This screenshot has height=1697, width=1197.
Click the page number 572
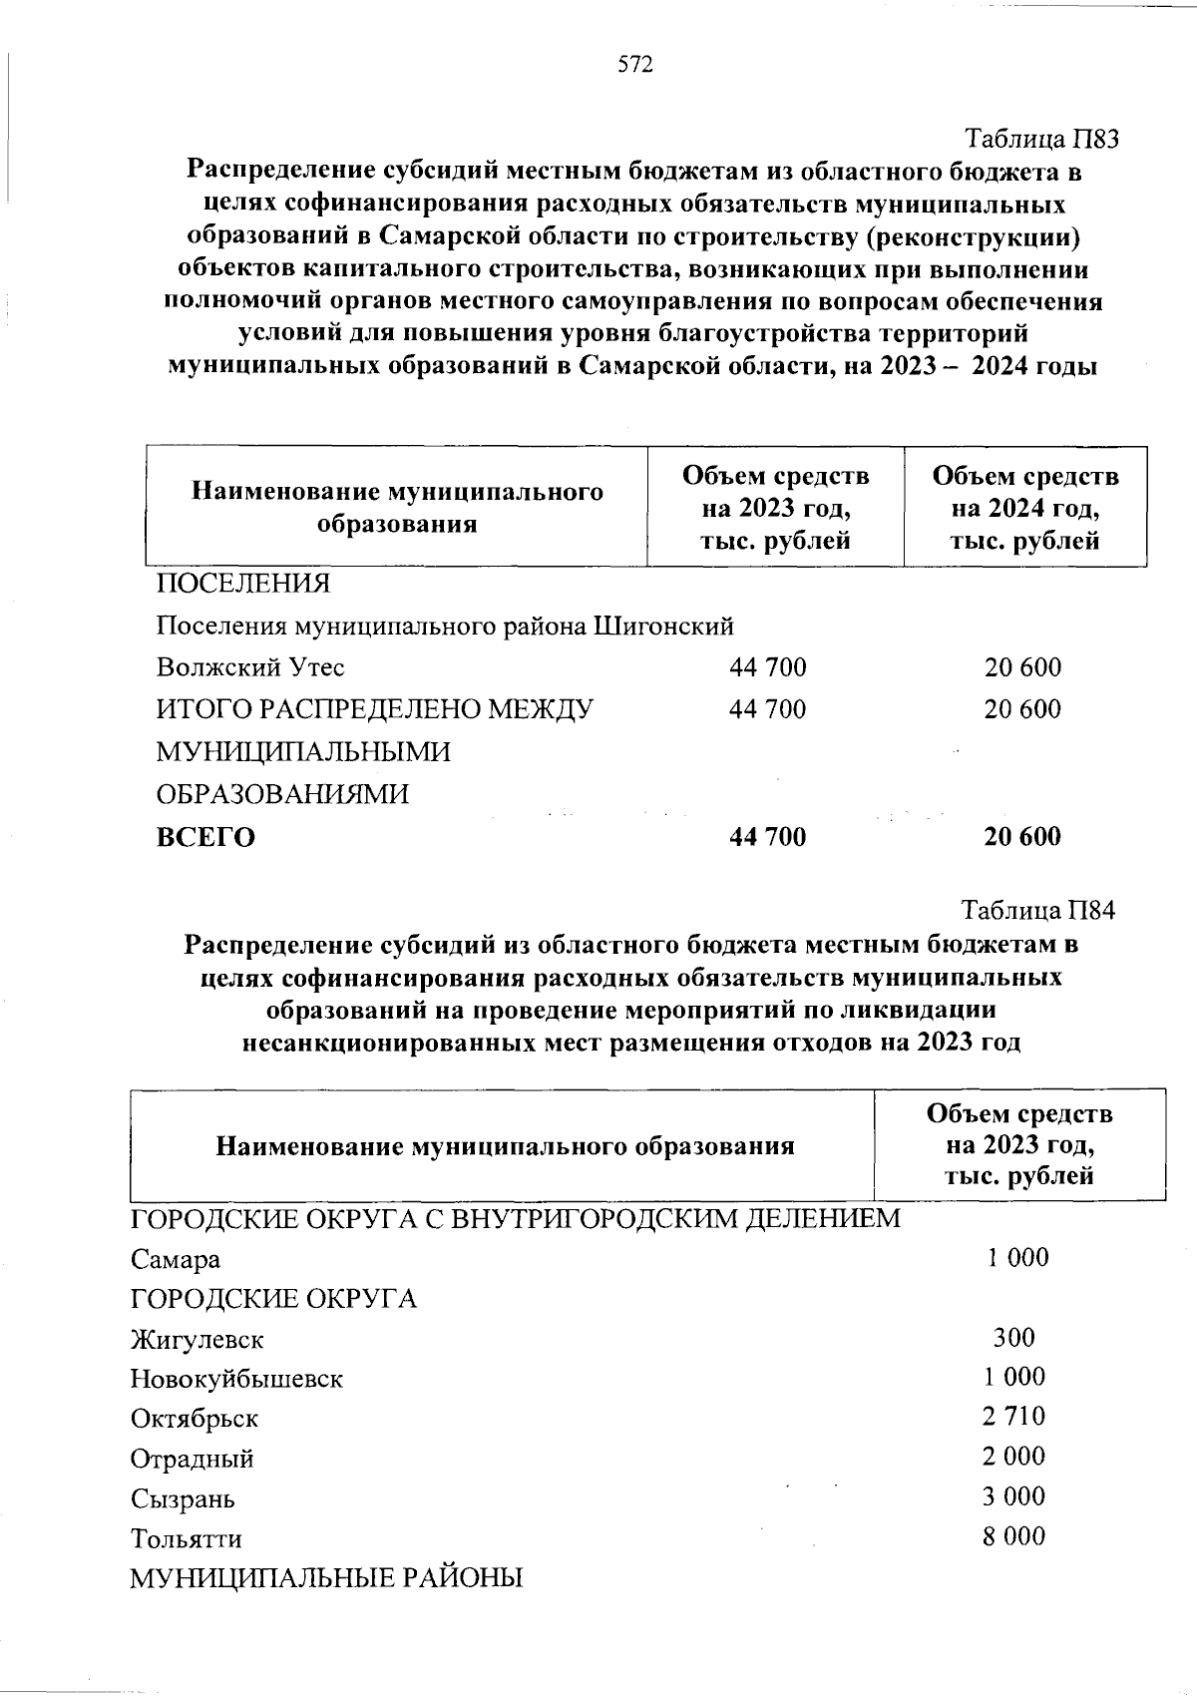click(635, 65)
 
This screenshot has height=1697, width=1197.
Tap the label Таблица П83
click(1041, 139)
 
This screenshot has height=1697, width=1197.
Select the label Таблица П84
click(1037, 910)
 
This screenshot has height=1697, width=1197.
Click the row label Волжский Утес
click(250, 667)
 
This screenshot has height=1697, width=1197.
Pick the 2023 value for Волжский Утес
click(768, 667)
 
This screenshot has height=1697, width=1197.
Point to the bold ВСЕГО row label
click(205, 837)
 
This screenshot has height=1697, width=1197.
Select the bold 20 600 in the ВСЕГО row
click(1022, 837)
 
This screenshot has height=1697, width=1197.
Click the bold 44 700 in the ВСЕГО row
click(768, 837)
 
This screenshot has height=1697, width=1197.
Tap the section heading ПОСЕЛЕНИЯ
click(242, 583)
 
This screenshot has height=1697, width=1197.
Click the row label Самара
click(176, 1260)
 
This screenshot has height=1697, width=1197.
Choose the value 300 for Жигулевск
click(1013, 1337)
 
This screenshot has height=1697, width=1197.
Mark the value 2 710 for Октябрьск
click(1013, 1417)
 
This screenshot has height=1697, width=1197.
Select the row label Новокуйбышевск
click(236, 1380)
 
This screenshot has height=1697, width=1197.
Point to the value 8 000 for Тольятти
click(1013, 1536)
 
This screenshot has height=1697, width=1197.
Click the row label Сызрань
click(183, 1499)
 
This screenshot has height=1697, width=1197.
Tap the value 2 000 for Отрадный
click(1013, 1457)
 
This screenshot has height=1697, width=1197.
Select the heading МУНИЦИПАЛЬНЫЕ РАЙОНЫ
click(326, 1578)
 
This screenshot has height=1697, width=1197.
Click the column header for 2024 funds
click(1025, 509)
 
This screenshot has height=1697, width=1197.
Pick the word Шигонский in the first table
click(663, 626)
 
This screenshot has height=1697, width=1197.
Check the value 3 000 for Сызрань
click(1013, 1496)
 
